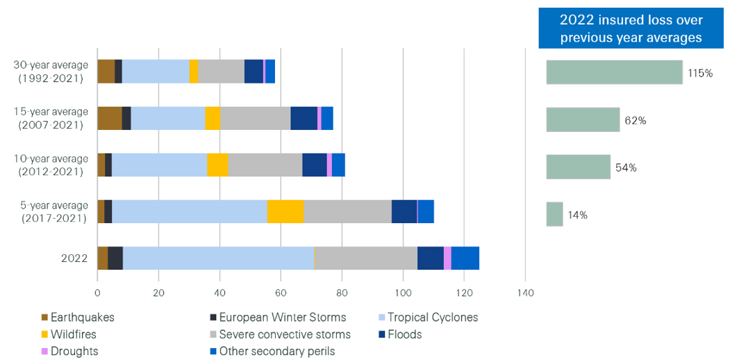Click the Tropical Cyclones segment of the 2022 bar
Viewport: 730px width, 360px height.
click(x=218, y=258)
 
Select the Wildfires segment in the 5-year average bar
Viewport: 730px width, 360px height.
click(x=285, y=211)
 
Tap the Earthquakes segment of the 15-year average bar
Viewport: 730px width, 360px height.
click(x=109, y=118)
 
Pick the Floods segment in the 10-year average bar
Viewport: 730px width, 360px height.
click(x=314, y=165)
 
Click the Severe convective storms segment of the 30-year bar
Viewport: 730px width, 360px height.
click(x=221, y=72)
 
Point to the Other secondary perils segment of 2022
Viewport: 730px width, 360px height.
click(x=465, y=258)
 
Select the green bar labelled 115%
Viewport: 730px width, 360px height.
click(x=614, y=72)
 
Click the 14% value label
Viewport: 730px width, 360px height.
click(x=578, y=215)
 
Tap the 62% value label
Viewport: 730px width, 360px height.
click(x=635, y=120)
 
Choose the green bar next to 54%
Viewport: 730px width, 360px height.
click(x=578, y=167)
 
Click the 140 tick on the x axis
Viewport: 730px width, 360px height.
click(x=525, y=293)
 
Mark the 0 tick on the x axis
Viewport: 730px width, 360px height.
click(x=97, y=293)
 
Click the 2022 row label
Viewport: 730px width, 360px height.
click(x=74, y=259)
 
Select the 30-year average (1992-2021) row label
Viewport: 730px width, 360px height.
click(x=51, y=72)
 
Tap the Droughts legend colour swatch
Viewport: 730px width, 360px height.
click(x=45, y=352)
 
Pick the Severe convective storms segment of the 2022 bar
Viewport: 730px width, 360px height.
click(x=365, y=258)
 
